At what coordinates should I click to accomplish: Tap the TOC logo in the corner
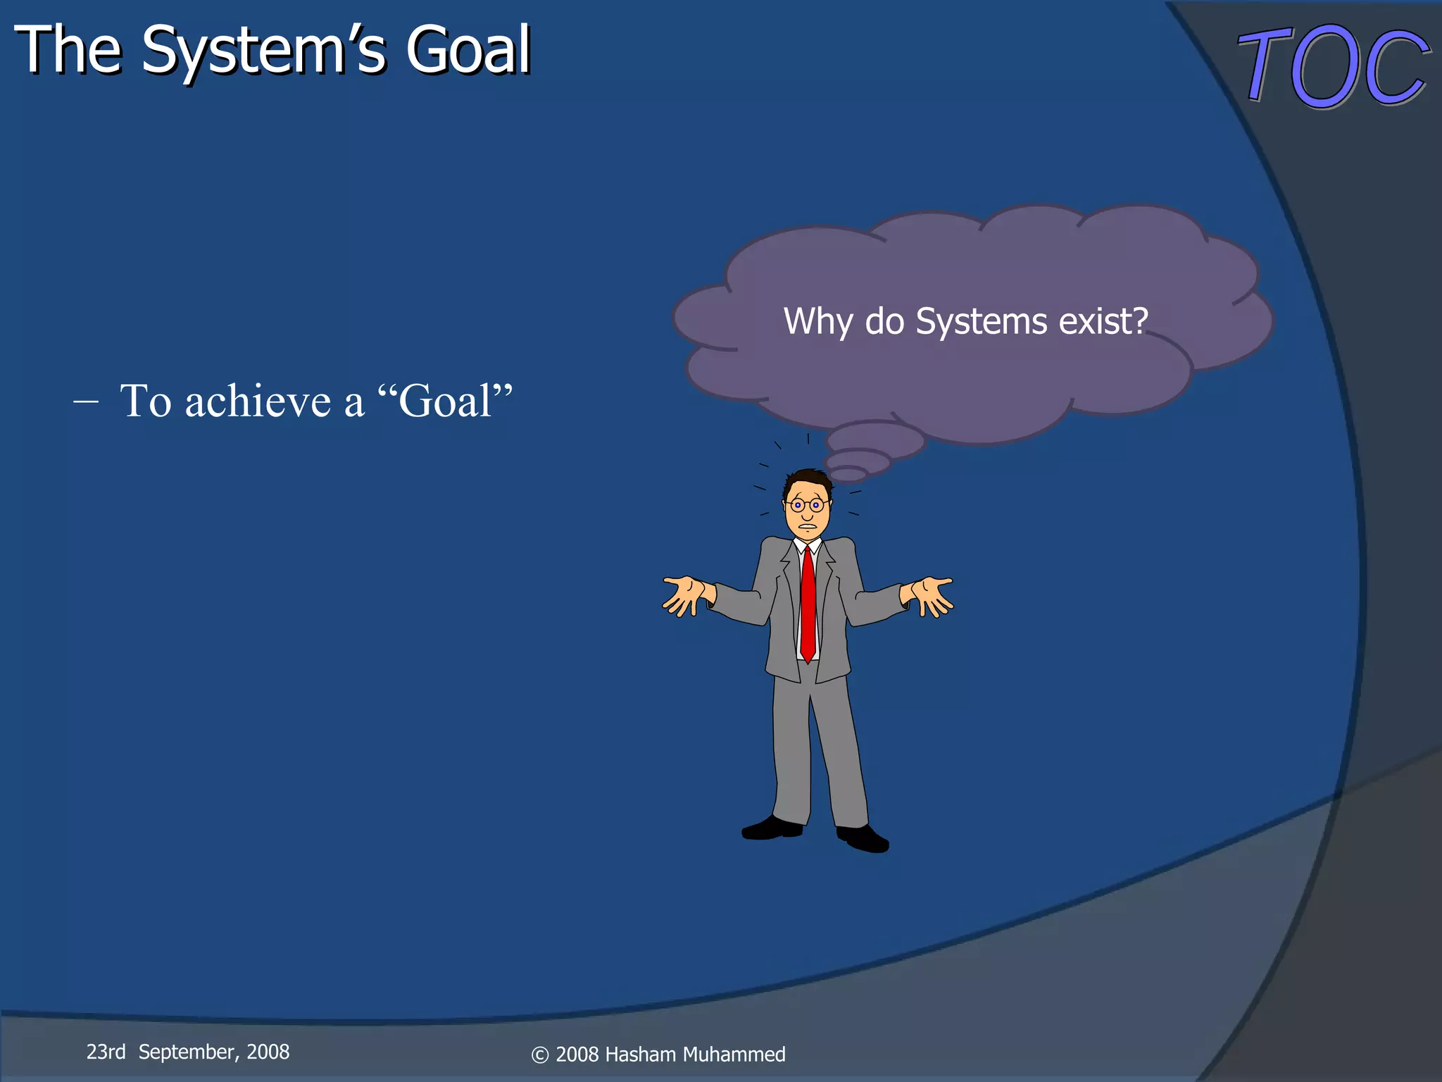tap(1333, 66)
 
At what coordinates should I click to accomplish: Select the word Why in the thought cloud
tap(817, 323)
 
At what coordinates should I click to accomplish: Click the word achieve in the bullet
tap(258, 402)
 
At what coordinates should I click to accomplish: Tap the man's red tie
tap(808, 606)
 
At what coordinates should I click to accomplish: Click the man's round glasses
tap(807, 505)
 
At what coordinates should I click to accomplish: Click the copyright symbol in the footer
tap(539, 1055)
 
